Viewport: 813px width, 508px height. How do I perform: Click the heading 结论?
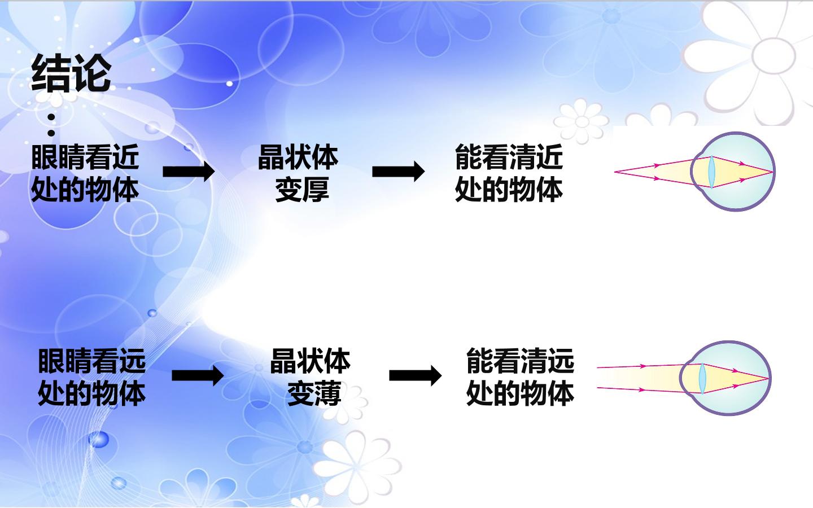(x=71, y=73)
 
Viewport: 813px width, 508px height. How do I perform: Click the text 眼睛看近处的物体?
(x=85, y=173)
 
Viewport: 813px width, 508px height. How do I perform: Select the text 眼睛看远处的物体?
(x=92, y=377)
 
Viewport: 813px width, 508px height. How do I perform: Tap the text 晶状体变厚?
(x=298, y=173)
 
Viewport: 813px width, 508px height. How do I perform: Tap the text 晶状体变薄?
(x=311, y=377)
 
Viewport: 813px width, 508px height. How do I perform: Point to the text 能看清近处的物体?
(x=509, y=173)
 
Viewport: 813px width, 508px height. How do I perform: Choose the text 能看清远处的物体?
(x=520, y=377)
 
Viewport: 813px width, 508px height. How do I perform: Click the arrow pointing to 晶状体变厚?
(x=189, y=172)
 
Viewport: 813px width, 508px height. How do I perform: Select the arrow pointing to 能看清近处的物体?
(x=398, y=172)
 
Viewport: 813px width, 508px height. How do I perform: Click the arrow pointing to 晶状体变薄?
(x=198, y=375)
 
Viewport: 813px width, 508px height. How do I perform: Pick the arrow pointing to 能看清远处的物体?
(x=415, y=375)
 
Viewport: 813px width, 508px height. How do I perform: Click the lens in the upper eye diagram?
(x=712, y=172)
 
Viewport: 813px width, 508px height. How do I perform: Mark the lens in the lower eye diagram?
(x=703, y=378)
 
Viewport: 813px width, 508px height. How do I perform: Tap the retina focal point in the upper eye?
(x=773, y=172)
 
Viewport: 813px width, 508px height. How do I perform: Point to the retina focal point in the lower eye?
(x=768, y=378)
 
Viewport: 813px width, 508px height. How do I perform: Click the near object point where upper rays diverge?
(x=615, y=172)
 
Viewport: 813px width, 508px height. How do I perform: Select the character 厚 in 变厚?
(x=316, y=189)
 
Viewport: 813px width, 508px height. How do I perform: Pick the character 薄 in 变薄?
(x=328, y=393)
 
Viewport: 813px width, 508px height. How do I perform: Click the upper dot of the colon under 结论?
(x=51, y=117)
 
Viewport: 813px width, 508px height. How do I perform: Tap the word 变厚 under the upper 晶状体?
(x=303, y=189)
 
